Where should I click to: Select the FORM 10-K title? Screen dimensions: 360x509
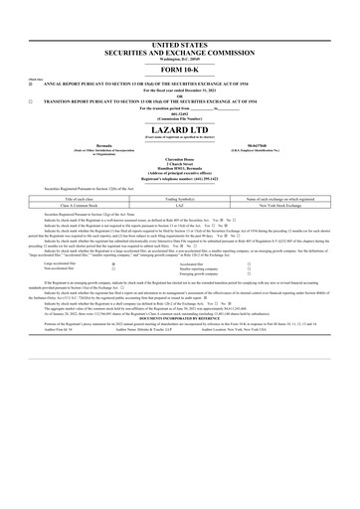point(180,71)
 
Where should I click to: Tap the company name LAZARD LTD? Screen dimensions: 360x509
point(180,129)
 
